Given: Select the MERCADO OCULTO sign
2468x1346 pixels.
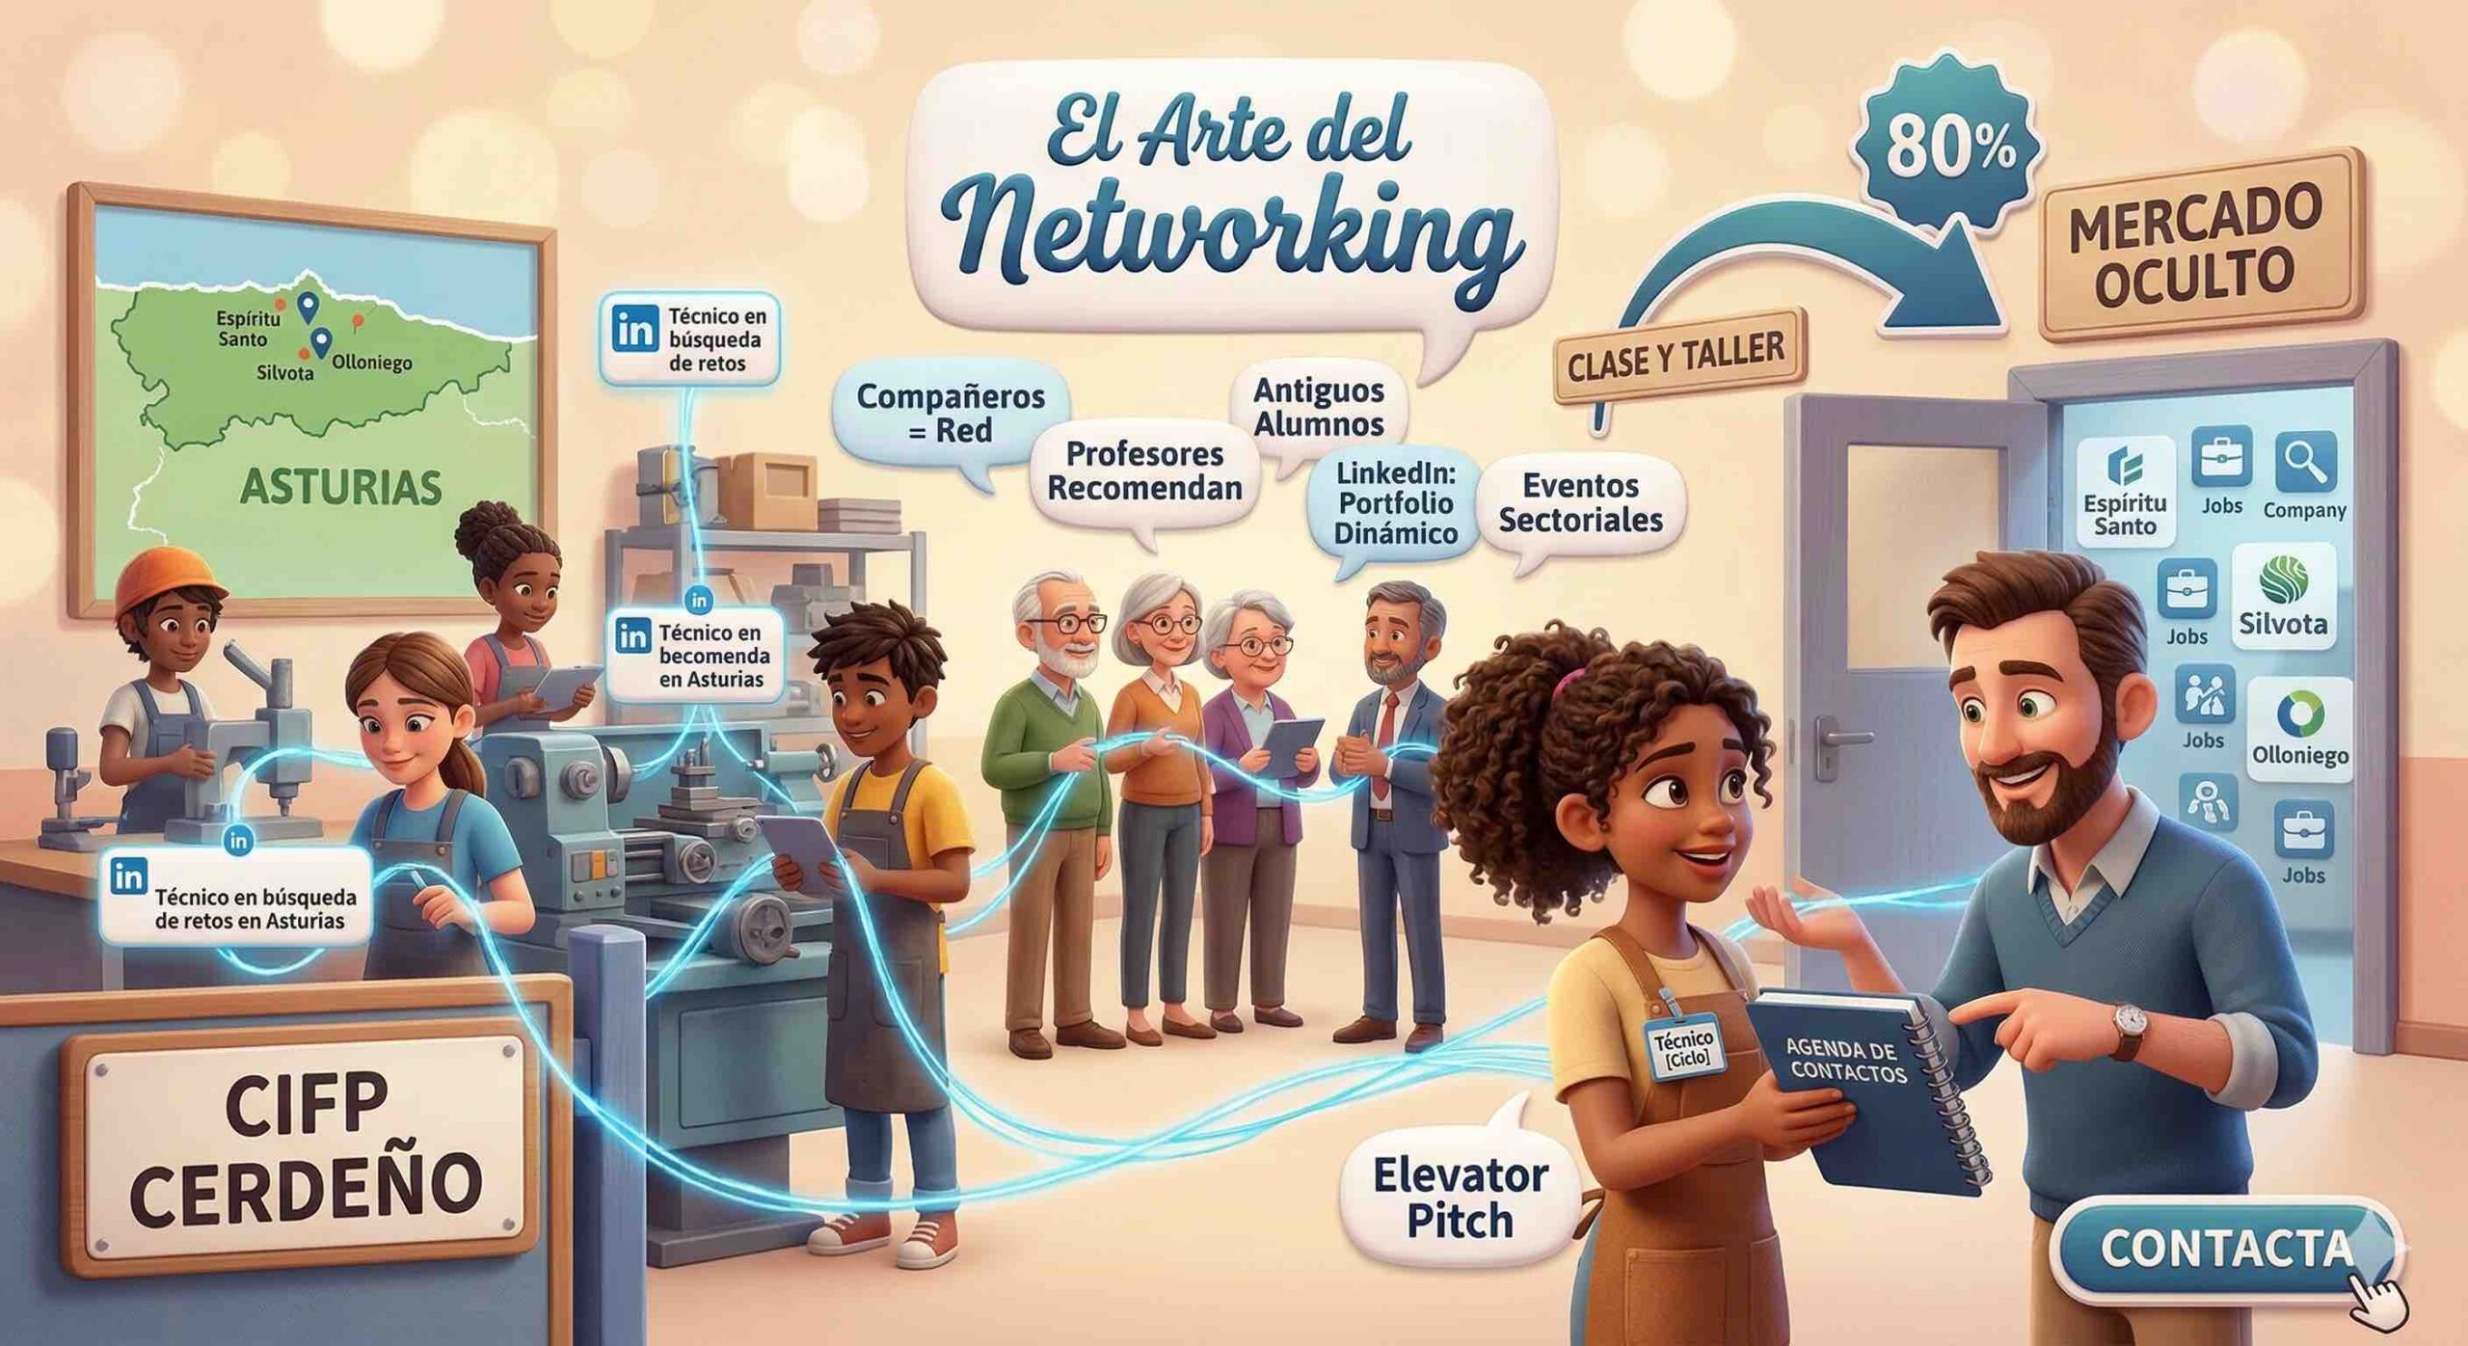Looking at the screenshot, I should click(x=2195, y=248).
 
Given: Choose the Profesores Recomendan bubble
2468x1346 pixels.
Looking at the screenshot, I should click(x=1144, y=471).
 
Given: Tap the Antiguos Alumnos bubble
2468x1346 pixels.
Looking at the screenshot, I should click(x=1319, y=408).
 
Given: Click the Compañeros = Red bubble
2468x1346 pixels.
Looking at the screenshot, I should click(x=951, y=413).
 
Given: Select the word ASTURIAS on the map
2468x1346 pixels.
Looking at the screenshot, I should click(x=340, y=488).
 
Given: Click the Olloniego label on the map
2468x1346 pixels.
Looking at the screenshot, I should click(x=371, y=363).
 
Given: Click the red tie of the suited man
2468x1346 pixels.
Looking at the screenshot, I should click(x=1386, y=742).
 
